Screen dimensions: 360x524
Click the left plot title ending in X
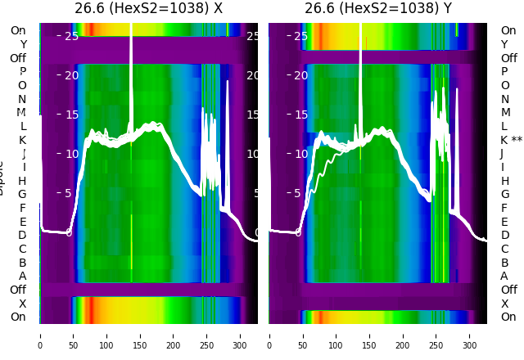click(148, 9)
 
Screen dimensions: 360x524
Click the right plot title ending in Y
click(377, 9)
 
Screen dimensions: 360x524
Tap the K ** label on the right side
click(512, 140)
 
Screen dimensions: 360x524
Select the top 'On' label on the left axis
click(18, 30)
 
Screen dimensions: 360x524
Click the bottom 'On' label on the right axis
click(508, 317)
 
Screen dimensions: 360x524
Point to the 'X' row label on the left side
click(22, 304)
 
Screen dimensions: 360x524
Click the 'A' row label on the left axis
click(22, 276)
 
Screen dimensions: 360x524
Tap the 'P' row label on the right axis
click(504, 71)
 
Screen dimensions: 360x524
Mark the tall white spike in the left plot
click(131, 49)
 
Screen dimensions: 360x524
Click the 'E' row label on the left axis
click(22, 222)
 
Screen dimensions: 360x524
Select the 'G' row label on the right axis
click(505, 194)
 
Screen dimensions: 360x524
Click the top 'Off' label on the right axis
click(508, 58)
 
